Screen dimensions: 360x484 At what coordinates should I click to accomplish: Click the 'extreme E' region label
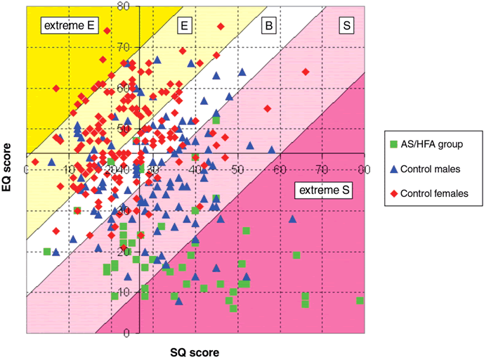click(70, 26)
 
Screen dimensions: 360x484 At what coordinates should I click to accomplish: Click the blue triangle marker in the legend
click(393, 168)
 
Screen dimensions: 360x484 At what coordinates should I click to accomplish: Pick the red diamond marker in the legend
click(393, 192)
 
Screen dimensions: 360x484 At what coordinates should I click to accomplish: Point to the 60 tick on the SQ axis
click(280, 169)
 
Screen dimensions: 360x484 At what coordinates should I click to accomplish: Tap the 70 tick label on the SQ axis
click(322, 169)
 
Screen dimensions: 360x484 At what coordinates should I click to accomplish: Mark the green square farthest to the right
click(360, 300)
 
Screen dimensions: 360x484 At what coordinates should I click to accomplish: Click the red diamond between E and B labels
click(221, 27)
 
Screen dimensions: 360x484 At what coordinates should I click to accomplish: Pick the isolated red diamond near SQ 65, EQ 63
click(305, 72)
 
